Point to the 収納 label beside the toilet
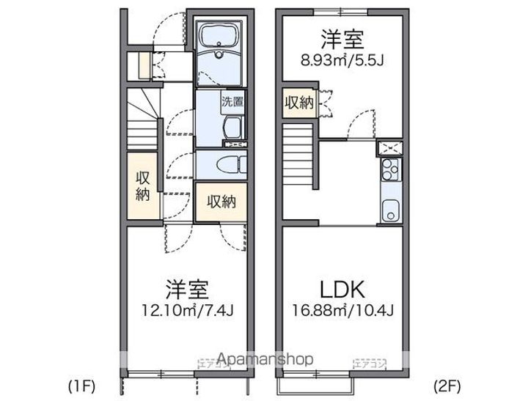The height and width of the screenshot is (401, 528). click(x=220, y=200)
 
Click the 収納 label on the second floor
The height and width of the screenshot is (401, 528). click(x=299, y=103)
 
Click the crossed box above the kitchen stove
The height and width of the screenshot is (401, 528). click(x=389, y=146)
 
